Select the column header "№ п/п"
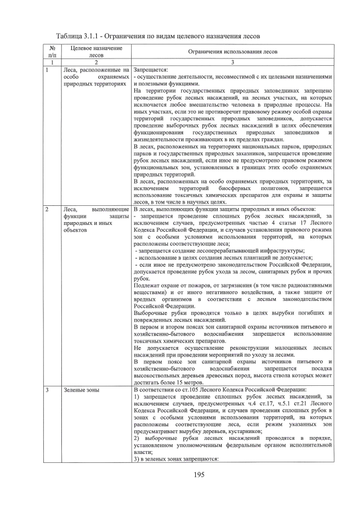point(51,52)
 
